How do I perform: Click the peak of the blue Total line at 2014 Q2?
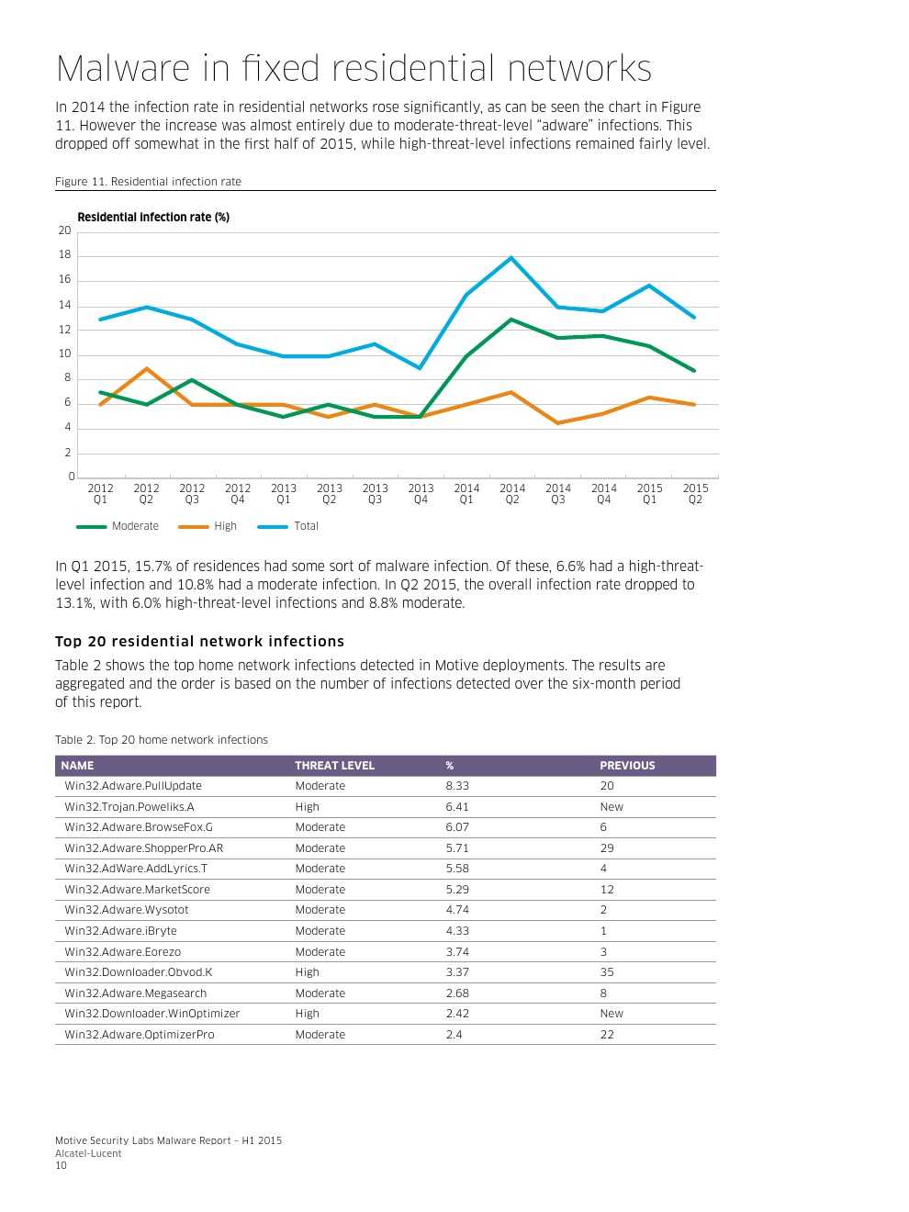click(x=511, y=258)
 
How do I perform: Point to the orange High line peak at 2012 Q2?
click(x=146, y=368)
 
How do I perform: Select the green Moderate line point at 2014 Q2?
click(x=511, y=320)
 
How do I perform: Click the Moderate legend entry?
click(x=134, y=526)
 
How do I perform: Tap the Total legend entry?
click(x=306, y=526)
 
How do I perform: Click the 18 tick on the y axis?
click(x=65, y=255)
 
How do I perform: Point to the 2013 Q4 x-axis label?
click(x=421, y=494)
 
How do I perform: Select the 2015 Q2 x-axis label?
click(x=695, y=494)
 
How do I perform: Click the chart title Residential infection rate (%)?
click(x=153, y=218)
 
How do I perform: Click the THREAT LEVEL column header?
click(x=334, y=766)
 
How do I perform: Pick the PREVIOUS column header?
click(x=627, y=766)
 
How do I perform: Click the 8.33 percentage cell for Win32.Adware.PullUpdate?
click(x=457, y=786)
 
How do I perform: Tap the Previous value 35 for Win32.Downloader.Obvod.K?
click(x=607, y=972)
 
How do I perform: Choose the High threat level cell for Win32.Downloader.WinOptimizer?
click(x=307, y=1014)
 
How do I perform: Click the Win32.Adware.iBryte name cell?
click(x=120, y=931)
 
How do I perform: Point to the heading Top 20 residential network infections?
click(x=199, y=642)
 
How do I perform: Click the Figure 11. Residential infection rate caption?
click(x=148, y=182)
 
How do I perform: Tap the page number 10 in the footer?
click(x=61, y=1166)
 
